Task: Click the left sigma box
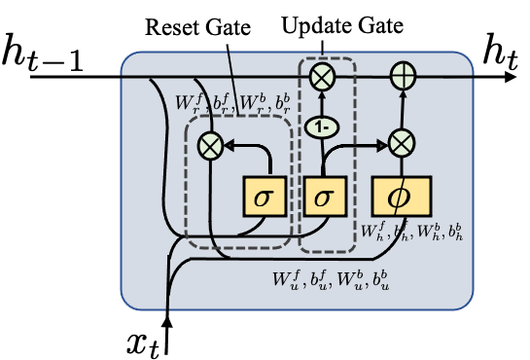coord(264,197)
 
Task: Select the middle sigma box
coord(325,197)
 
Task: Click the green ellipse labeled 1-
coord(322,126)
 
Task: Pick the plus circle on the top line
coord(402,75)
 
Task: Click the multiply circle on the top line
coord(322,75)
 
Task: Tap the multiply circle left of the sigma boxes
coord(211,146)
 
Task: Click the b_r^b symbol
coord(281,102)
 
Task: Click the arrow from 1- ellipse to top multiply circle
coord(322,101)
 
